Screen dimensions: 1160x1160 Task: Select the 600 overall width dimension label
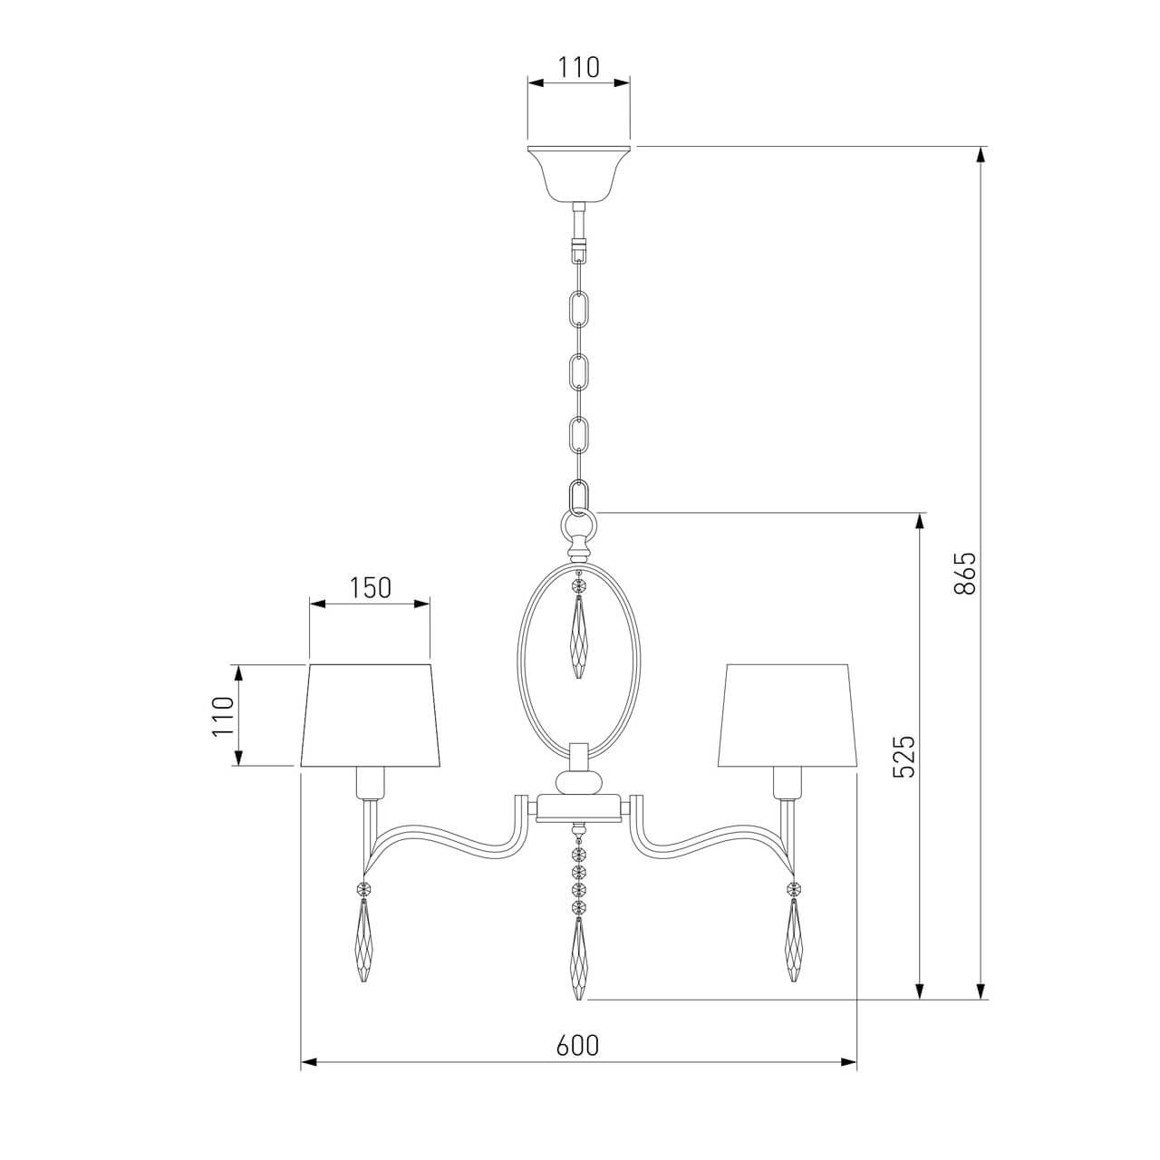click(x=577, y=1063)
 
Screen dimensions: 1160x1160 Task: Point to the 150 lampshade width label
click(x=370, y=588)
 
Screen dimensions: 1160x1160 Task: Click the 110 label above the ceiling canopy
click(x=578, y=67)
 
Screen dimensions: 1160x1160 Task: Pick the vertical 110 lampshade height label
click(x=222, y=716)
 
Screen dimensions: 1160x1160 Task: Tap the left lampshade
click(x=371, y=716)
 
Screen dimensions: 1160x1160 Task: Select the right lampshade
click(x=787, y=716)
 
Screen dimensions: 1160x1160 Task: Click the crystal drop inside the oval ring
click(x=578, y=634)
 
